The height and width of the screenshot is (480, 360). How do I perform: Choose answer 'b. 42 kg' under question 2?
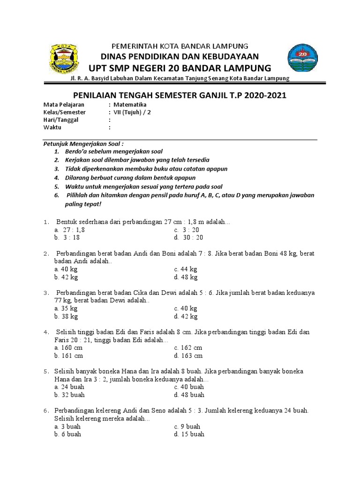pyautogui.click(x=66, y=277)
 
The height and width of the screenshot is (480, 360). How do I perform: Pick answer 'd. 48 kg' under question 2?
pyautogui.click(x=185, y=277)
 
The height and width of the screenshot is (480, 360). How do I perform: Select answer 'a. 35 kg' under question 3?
pyautogui.click(x=66, y=308)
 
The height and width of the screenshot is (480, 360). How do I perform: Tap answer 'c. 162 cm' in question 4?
pyautogui.click(x=188, y=347)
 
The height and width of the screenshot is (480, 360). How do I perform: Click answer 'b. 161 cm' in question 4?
pyautogui.click(x=68, y=356)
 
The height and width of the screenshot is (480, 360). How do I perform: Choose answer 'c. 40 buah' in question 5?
pyautogui.click(x=189, y=387)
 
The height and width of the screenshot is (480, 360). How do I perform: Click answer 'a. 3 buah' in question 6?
pyautogui.click(x=67, y=426)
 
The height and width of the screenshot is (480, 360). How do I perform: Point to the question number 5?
pyautogui.click(x=46, y=371)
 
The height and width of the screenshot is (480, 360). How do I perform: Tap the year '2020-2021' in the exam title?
pyautogui.click(x=264, y=96)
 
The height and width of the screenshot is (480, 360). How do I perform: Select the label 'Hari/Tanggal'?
pyautogui.click(x=61, y=120)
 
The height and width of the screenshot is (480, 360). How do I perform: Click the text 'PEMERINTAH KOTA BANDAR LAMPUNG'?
pyautogui.click(x=180, y=46)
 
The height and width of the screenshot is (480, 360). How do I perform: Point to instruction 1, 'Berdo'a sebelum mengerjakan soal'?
pyautogui.click(x=115, y=152)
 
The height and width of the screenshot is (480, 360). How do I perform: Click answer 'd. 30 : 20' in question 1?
pyautogui.click(x=188, y=238)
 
